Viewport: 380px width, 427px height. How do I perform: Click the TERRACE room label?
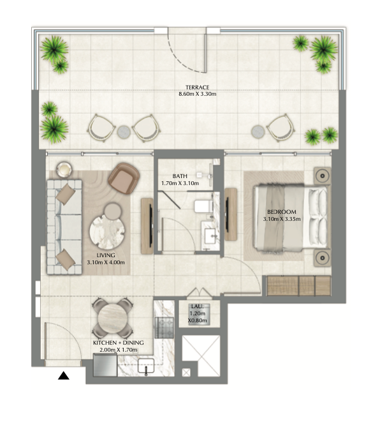point(197,87)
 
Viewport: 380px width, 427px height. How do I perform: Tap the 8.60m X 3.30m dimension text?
point(197,94)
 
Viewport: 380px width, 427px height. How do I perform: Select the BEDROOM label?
point(282,212)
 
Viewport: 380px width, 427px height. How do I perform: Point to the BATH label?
point(180,176)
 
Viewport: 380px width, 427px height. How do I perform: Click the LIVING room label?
point(106,255)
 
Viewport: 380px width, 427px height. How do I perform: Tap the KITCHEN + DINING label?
point(119,343)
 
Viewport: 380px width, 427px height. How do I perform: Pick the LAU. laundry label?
point(197,306)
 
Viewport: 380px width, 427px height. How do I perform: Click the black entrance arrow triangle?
point(64,375)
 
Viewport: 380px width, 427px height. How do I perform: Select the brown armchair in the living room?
point(124,178)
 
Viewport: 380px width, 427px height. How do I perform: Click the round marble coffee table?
point(107,232)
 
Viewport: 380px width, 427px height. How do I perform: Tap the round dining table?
point(112,318)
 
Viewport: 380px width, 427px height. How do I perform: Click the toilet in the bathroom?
point(203,206)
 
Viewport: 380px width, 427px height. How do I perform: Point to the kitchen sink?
point(146,366)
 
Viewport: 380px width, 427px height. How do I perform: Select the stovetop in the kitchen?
point(164,328)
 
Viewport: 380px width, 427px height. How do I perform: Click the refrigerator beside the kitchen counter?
point(105,365)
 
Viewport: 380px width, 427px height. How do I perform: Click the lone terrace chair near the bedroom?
point(281,128)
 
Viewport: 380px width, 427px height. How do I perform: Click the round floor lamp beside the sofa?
point(64,170)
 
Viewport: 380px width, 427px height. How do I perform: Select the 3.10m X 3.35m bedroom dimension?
point(282,219)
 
